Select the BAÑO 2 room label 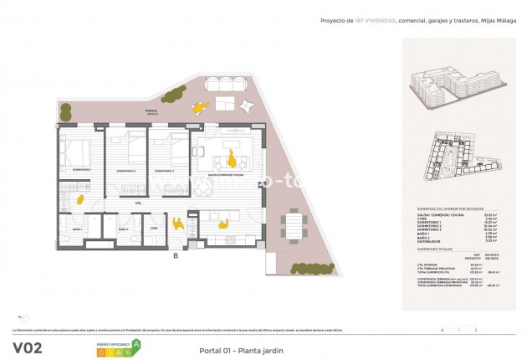(122, 229)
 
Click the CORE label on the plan (154, 228)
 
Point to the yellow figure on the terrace (199, 105)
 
